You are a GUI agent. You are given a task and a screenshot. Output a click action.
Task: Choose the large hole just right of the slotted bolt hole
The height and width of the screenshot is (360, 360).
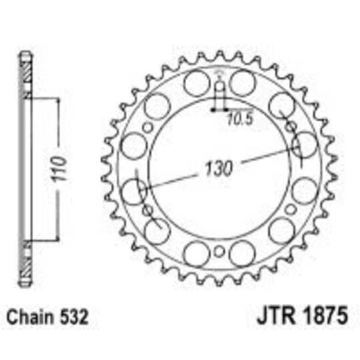click(x=243, y=83)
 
